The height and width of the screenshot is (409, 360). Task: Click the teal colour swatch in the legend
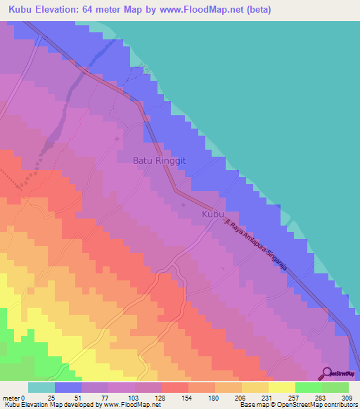(x=41, y=387)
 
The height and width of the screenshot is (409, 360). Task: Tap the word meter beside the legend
(x=12, y=398)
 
